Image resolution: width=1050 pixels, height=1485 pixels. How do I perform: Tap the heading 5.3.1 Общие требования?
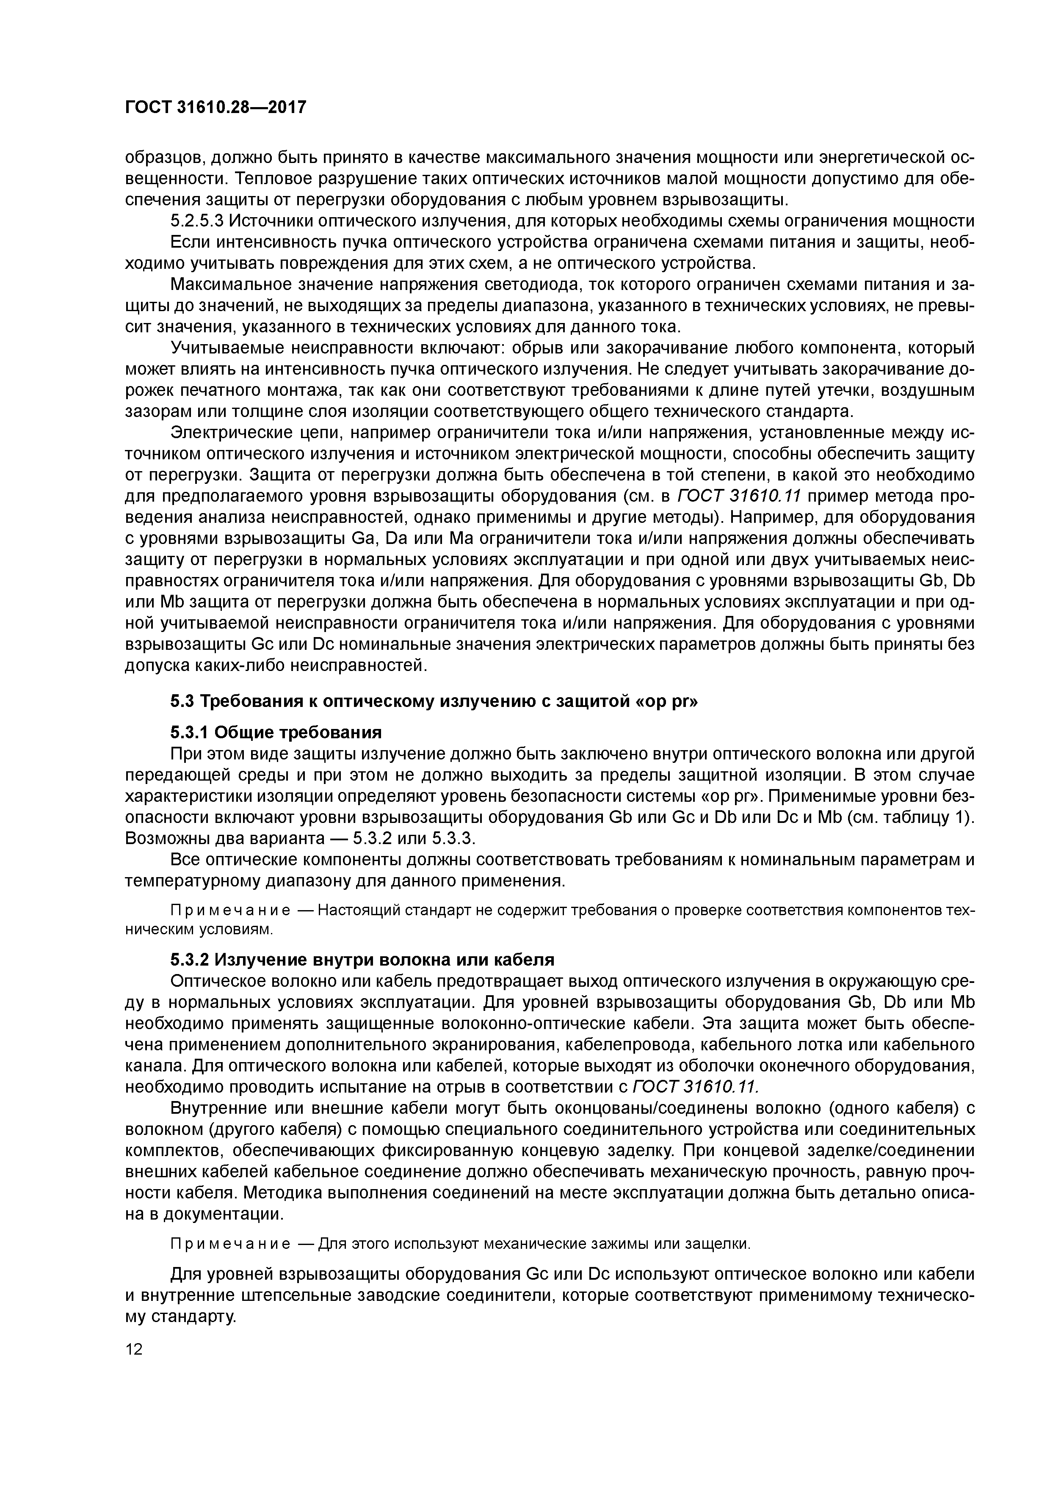click(276, 732)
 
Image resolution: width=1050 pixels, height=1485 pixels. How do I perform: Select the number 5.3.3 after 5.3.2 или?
click(453, 838)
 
